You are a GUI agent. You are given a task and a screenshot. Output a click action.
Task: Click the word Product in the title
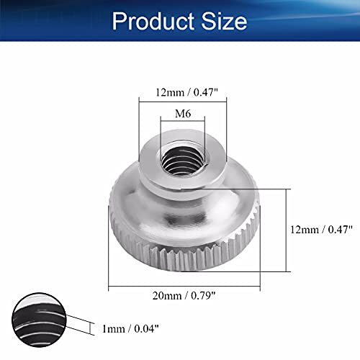[x=155, y=20]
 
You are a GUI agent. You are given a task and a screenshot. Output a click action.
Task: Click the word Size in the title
[x=223, y=20]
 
